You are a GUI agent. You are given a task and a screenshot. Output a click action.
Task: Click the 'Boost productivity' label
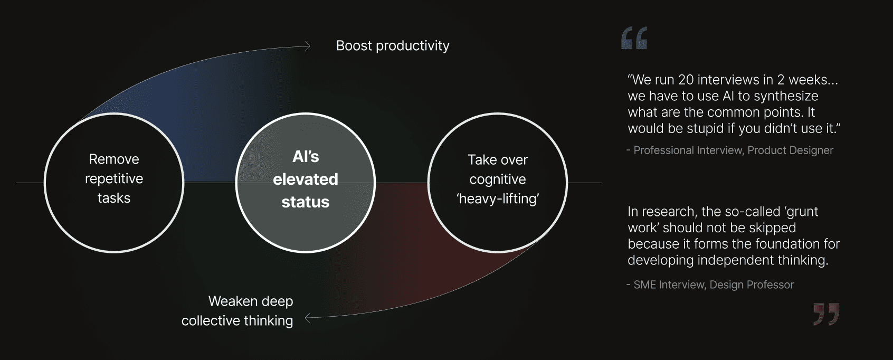[x=393, y=46]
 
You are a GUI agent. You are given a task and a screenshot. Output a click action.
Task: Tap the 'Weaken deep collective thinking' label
[x=237, y=311]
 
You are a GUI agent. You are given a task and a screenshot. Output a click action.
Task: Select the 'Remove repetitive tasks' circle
[x=114, y=183]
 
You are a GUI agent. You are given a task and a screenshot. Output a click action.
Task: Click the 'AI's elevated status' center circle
[x=305, y=183]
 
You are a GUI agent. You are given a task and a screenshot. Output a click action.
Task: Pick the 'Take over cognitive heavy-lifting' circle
[x=497, y=183]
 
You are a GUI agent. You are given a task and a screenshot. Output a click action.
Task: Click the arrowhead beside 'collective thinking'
[x=308, y=318]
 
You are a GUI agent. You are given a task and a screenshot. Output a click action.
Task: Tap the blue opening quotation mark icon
[x=634, y=39]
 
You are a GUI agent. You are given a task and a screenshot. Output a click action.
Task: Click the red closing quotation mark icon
[x=826, y=314]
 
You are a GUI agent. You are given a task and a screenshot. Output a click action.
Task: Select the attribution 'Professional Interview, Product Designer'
[x=733, y=150]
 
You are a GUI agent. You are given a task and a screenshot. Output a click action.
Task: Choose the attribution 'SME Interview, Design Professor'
[x=713, y=285]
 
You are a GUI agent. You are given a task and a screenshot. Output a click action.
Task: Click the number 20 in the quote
[x=686, y=80]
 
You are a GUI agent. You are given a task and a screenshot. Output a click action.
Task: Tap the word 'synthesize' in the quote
[x=786, y=96]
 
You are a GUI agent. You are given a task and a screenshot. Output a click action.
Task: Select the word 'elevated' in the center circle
[x=305, y=179]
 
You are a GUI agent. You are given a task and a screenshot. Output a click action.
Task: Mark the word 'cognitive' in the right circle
[x=497, y=179]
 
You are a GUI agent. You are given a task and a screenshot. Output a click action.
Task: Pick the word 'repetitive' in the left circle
[x=114, y=179]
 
